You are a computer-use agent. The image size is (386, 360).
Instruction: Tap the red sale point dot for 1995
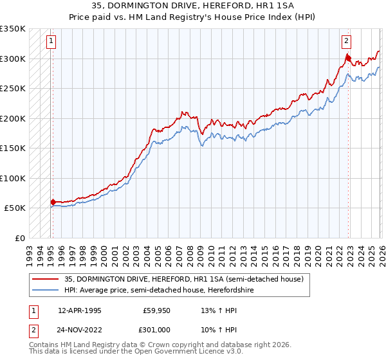(x=53, y=202)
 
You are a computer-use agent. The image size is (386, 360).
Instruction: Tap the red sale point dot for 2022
(x=348, y=57)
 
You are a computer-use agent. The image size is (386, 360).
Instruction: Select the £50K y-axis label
(x=15, y=208)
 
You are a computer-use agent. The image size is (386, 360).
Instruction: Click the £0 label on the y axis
(x=19, y=238)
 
